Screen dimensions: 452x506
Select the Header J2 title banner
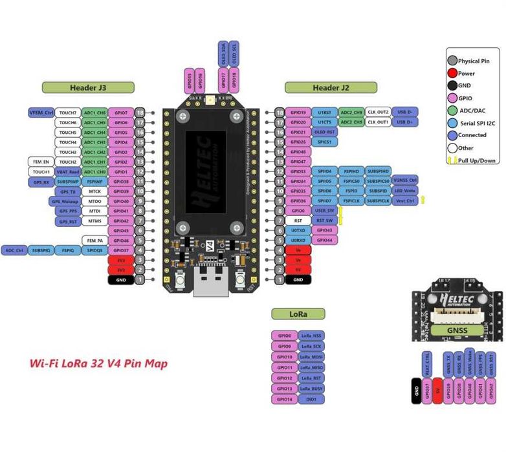(331, 87)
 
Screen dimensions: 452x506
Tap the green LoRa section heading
(298, 314)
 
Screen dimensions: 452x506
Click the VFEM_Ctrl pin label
(40, 113)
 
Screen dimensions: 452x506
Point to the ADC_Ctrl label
(14, 250)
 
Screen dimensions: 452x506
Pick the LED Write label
(406, 191)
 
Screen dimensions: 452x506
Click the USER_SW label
(324, 211)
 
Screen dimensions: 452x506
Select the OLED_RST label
(324, 132)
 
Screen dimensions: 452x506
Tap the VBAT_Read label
(67, 172)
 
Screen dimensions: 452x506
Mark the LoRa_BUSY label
(311, 389)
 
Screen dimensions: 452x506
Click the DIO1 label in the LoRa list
(311, 400)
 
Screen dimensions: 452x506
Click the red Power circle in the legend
(452, 73)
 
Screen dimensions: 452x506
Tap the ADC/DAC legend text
(472, 111)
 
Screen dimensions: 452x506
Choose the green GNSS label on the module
(457, 330)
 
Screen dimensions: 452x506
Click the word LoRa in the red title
(75, 363)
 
